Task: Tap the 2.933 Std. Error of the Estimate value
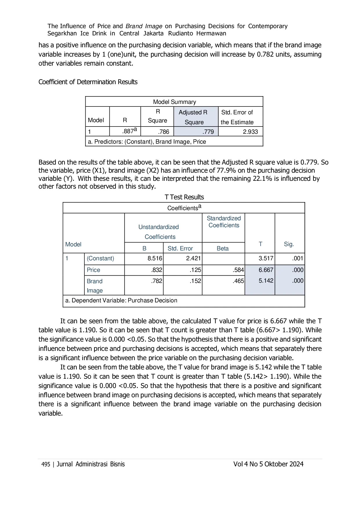pos(250,132)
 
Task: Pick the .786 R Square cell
pos(164,132)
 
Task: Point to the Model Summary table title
pos(174,102)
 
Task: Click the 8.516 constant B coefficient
pos(155,258)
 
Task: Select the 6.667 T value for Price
pos(266,270)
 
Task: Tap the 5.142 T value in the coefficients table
pos(266,281)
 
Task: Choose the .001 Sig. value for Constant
pos(298,258)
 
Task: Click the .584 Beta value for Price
pos(238,270)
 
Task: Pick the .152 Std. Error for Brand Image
pos(196,281)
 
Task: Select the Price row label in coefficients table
pos(93,270)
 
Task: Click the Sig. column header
pos(289,244)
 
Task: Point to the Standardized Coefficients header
pos(224,222)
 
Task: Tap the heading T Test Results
pos(184,197)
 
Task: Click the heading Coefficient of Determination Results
pos(88,82)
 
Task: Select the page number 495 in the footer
pos(46,464)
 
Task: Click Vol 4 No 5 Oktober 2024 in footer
pos(268,464)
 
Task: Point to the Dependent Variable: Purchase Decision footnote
pos(121,300)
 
